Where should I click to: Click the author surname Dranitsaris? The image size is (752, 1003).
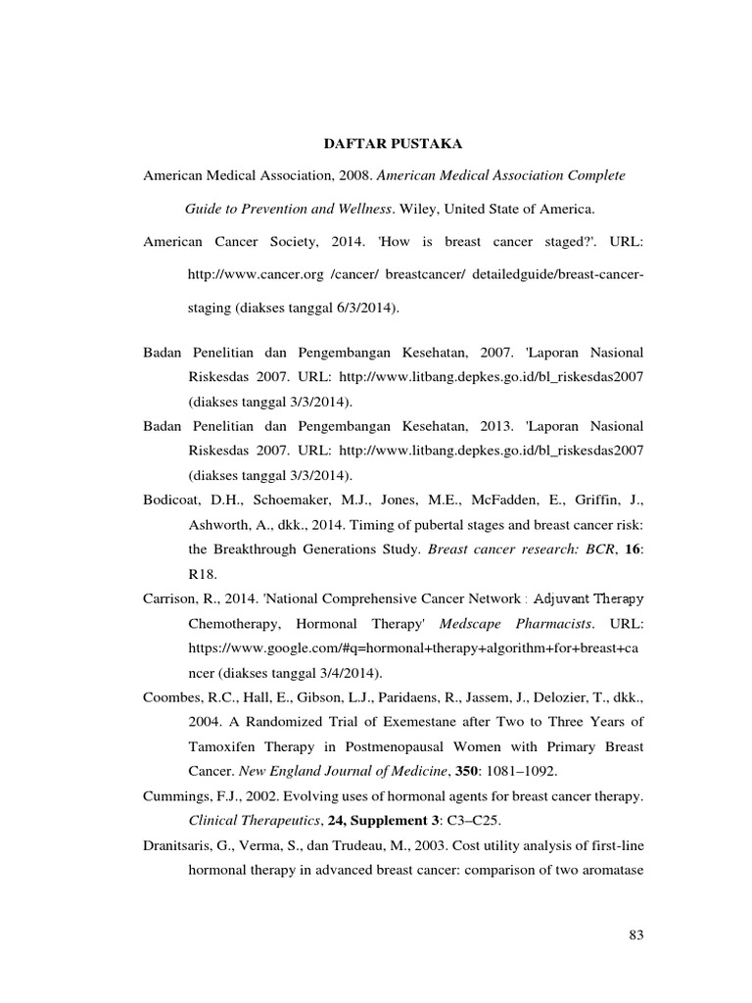[177, 844]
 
